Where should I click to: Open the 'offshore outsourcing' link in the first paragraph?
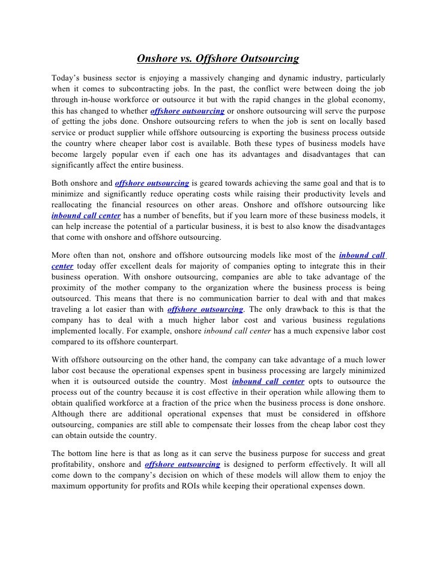pos(187,111)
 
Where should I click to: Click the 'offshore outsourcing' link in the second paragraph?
pos(152,183)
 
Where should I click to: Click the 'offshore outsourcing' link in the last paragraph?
pos(182,465)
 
